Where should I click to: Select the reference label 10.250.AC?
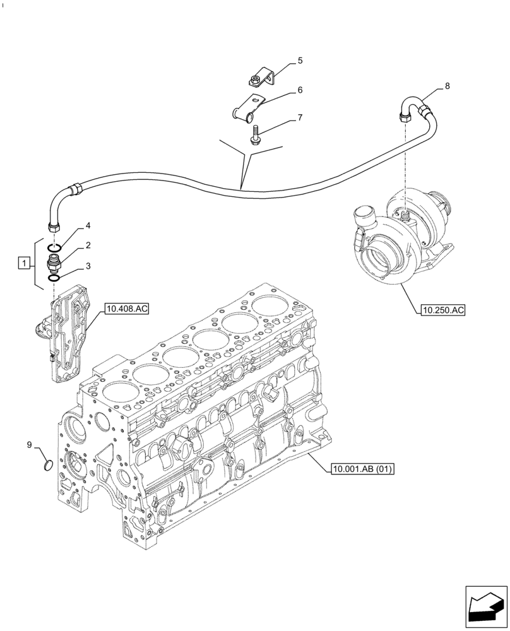tap(441, 310)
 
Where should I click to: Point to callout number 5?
tap(300, 61)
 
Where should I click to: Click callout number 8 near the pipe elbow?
tap(447, 85)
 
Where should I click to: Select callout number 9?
tap(29, 445)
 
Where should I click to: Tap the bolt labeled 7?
tap(255, 136)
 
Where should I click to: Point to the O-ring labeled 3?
tap(55, 276)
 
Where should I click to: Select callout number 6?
tap(300, 90)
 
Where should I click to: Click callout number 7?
tap(300, 117)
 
